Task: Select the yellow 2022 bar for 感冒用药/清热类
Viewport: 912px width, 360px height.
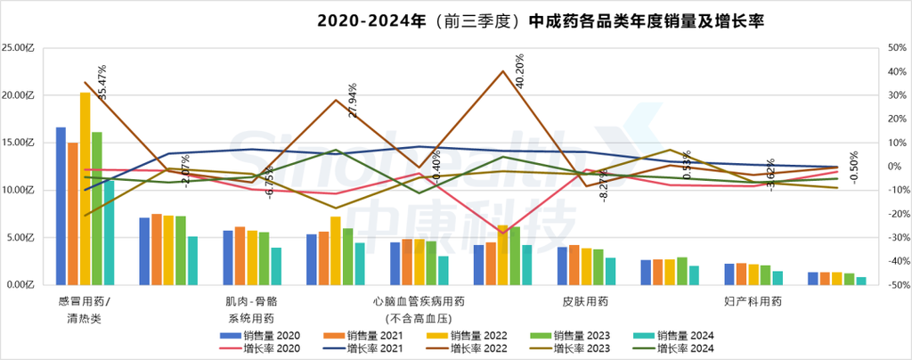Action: (x=85, y=188)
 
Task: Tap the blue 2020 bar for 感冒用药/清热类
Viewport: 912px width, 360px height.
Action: (x=61, y=206)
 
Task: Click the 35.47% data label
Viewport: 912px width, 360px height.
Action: (x=102, y=81)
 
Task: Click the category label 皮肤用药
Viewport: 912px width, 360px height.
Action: (x=586, y=302)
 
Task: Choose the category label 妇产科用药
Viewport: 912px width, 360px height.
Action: (x=753, y=302)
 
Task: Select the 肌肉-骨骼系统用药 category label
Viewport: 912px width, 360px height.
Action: (x=249, y=309)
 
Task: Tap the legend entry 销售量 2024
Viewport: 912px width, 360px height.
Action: (x=676, y=335)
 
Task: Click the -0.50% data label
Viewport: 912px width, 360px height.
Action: (x=853, y=167)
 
